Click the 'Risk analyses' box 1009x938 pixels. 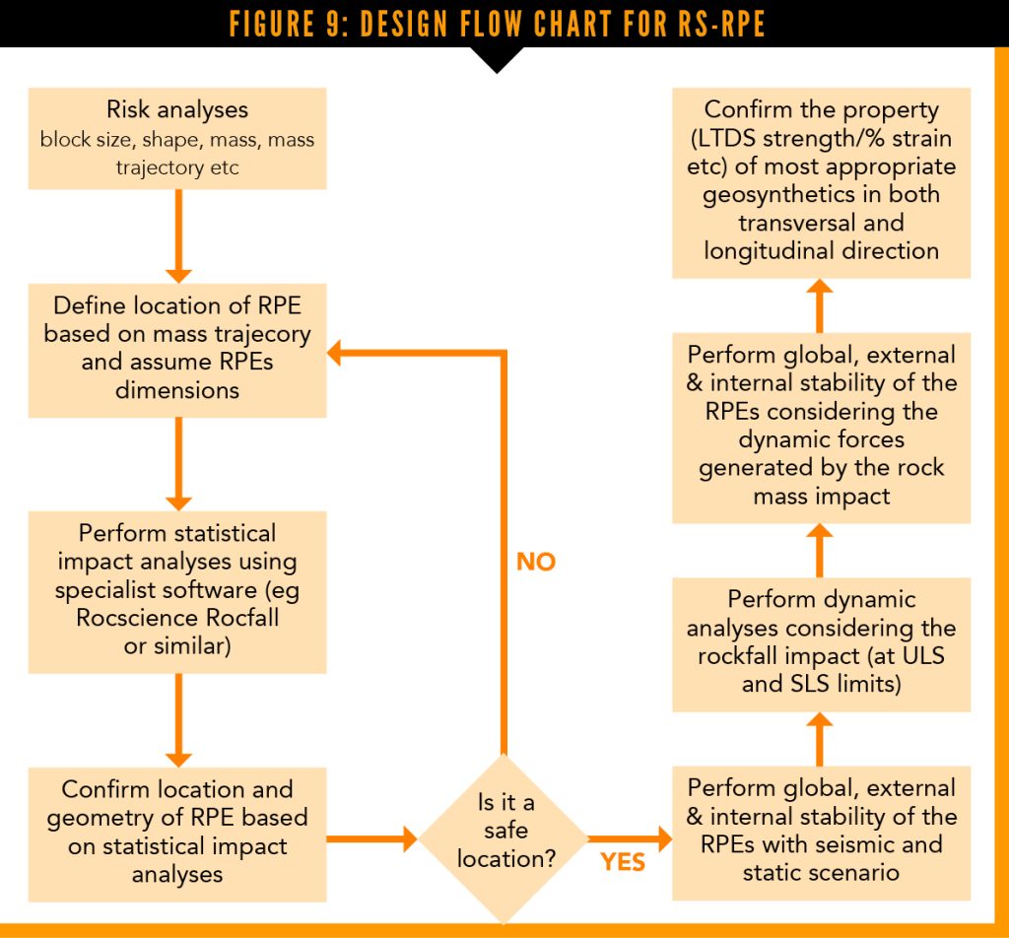coord(177,138)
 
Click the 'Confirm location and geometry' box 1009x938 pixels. coord(177,833)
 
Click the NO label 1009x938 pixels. coord(536,563)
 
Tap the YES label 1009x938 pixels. coord(623,863)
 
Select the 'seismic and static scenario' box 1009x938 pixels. coord(821,831)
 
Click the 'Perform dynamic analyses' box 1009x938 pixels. coord(821,641)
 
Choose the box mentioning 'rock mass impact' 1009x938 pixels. coord(821,425)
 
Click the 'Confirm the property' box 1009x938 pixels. coord(821,180)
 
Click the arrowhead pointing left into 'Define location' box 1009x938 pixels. coord(336,353)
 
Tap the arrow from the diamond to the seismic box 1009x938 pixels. coord(631,839)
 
